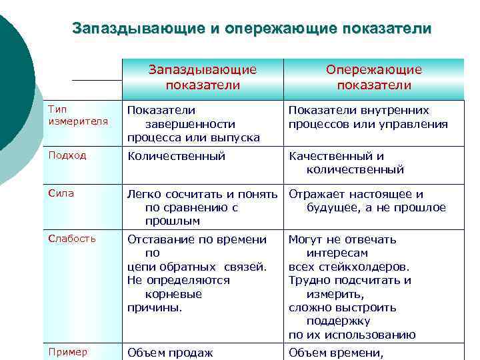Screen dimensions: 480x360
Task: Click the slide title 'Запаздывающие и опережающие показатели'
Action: point(251,29)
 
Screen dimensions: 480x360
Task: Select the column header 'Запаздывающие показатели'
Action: point(203,77)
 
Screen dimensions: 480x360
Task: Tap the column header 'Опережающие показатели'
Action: point(373,77)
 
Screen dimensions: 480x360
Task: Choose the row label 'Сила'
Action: point(61,193)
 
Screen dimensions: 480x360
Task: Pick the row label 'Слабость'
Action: point(72,238)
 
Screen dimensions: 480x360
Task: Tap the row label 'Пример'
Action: point(67,351)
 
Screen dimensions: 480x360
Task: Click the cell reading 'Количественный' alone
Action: point(176,156)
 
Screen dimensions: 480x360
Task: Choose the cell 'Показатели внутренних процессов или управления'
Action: point(368,117)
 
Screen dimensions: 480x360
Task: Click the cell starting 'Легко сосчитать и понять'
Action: point(202,207)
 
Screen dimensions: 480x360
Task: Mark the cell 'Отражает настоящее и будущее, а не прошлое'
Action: point(367,201)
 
